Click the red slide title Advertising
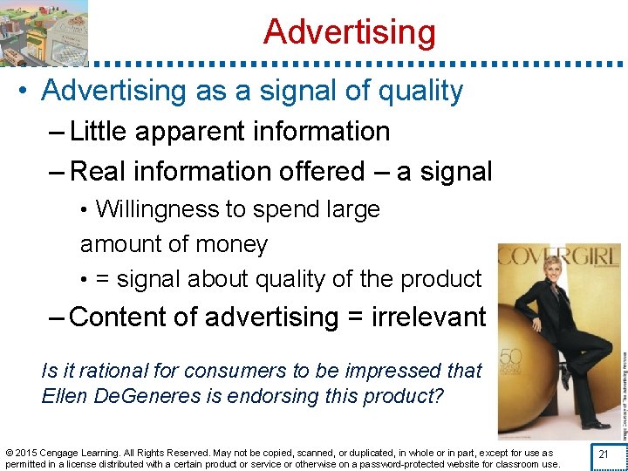click(349, 32)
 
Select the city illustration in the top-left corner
click(44, 32)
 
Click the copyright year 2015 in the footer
click(31, 453)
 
